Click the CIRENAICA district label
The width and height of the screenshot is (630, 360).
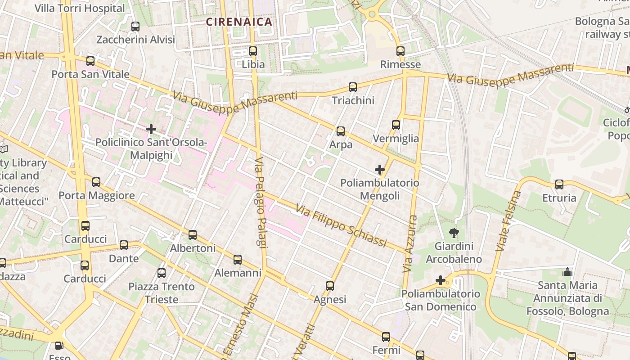(x=239, y=22)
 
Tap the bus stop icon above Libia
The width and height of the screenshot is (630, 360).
(x=253, y=51)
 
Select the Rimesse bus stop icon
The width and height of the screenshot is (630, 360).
(x=400, y=51)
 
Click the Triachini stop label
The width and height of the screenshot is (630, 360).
(x=353, y=100)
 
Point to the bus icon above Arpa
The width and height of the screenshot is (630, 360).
(x=341, y=131)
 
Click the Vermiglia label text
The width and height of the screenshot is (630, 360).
(x=396, y=139)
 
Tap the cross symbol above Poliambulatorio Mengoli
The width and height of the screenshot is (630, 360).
(x=380, y=170)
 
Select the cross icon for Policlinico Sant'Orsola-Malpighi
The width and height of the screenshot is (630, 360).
(x=151, y=130)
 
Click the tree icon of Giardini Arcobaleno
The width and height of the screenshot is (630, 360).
(x=454, y=233)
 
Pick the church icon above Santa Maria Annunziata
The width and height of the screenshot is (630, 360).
(x=567, y=272)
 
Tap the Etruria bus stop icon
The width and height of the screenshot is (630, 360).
(x=559, y=184)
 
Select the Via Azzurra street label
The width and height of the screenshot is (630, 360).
(x=410, y=243)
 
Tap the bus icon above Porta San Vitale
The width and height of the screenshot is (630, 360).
(x=90, y=61)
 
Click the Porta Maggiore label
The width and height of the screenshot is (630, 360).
(x=97, y=196)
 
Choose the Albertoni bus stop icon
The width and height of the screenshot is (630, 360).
(x=193, y=235)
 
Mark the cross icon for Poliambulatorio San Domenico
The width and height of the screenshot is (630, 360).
(x=441, y=281)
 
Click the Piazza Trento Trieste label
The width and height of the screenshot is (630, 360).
(x=161, y=292)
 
